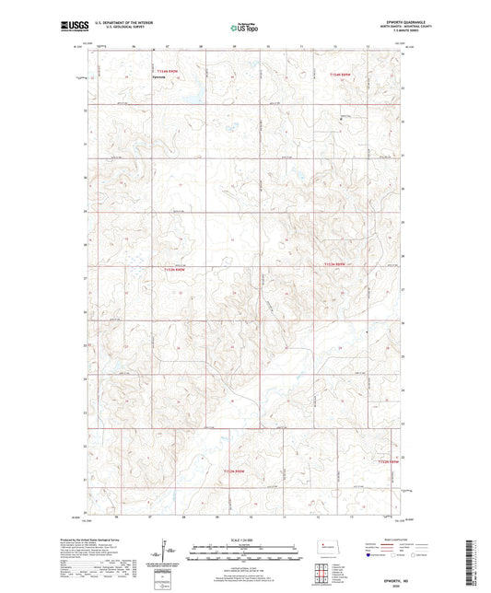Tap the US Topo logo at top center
click(238, 29)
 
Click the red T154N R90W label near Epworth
click(167, 70)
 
